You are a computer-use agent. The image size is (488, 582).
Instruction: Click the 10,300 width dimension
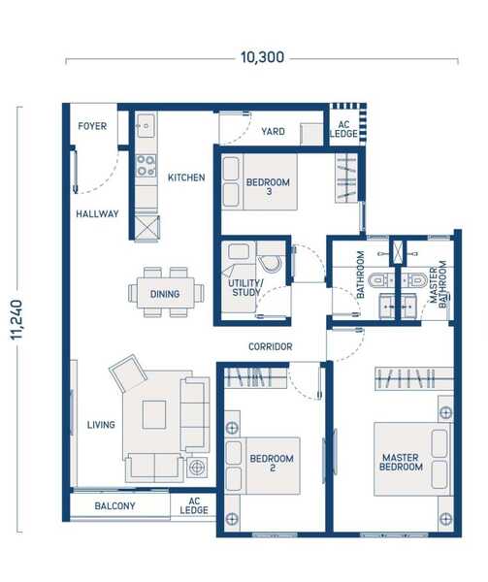coord(262,57)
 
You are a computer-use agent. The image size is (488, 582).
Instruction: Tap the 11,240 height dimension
coord(16,319)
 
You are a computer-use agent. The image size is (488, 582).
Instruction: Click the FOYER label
coord(92,126)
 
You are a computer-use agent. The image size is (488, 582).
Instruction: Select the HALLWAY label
coord(97,213)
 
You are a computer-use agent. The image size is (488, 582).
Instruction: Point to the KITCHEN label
coord(186,178)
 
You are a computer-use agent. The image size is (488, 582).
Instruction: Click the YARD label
coord(274,131)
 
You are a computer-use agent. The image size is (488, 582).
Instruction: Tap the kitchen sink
coord(146,126)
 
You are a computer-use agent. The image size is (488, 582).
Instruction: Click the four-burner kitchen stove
coord(146,166)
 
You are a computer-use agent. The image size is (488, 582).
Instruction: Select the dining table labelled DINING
coord(166,293)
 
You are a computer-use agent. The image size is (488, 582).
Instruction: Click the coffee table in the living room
coord(154,414)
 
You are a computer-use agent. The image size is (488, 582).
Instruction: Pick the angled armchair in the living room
coord(127,373)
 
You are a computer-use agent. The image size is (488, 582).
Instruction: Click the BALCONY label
coord(114,506)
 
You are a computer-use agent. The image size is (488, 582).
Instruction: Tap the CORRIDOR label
coord(270,346)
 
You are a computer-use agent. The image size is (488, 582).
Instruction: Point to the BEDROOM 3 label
coord(268,186)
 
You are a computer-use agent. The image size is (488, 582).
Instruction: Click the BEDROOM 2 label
coord(272,463)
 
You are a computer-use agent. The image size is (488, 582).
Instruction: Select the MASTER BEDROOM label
coord(401,462)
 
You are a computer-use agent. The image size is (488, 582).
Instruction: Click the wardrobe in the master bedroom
coord(413,378)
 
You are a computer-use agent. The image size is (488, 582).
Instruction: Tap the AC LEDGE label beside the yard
coord(343,129)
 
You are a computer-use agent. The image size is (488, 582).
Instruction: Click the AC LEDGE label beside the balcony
coord(194,506)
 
